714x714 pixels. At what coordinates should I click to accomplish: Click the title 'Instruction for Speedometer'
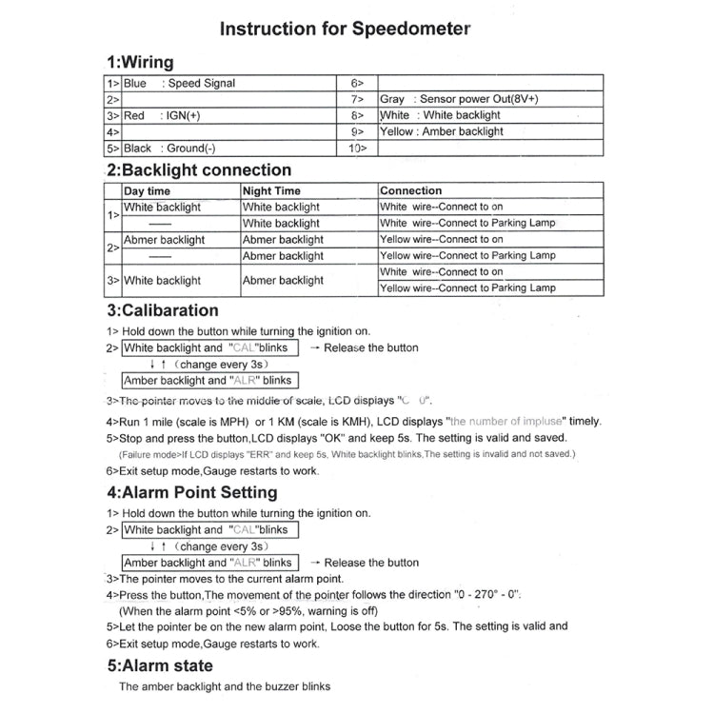coord(345,28)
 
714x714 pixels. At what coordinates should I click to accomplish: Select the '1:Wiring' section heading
coord(139,63)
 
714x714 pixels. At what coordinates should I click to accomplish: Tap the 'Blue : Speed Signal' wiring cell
coord(180,83)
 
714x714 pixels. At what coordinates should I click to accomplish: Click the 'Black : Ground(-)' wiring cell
coord(169,148)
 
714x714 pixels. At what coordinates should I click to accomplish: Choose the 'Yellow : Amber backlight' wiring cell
coord(441,131)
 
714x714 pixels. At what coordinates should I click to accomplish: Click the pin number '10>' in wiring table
coord(358,148)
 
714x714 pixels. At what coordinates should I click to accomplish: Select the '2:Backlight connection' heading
coord(199,170)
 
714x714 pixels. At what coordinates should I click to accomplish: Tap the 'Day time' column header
coord(148,190)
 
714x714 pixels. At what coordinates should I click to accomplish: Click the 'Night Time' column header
coord(272,190)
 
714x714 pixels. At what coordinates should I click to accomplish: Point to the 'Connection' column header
coord(411,190)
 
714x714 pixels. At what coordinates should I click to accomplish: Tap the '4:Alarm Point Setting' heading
coord(191,492)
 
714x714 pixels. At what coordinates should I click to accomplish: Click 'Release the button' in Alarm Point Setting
coord(370,563)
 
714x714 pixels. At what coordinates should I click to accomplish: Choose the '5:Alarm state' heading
coord(159,665)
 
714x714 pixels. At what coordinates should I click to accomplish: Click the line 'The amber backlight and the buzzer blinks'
coord(224,686)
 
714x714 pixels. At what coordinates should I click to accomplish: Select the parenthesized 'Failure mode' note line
coord(347,454)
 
